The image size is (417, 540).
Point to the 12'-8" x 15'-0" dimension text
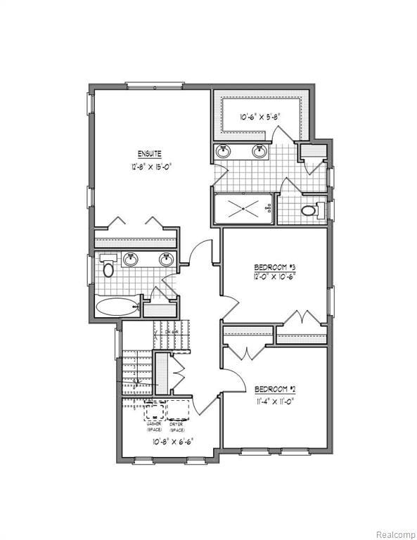(150, 167)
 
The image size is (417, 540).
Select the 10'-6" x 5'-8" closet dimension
(260, 117)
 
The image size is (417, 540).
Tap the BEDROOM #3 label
(274, 267)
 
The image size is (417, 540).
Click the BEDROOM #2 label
(274, 390)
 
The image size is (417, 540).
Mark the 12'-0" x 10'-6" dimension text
(274, 276)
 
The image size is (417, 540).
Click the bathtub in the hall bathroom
(117, 307)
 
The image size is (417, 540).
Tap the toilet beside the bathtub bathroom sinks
(108, 268)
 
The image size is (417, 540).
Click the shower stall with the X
(243, 208)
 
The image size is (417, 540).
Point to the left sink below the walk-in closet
(224, 151)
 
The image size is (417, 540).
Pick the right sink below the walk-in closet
(259, 151)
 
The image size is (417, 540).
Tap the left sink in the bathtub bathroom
(131, 259)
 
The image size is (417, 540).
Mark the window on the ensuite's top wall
(155, 86)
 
